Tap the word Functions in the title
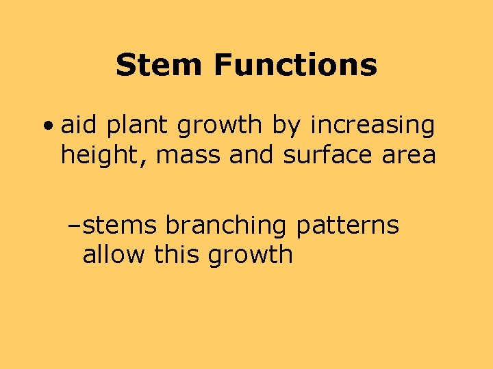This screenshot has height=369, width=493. click(295, 66)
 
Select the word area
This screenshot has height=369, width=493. click(409, 156)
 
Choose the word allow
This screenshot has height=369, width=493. click(114, 255)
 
